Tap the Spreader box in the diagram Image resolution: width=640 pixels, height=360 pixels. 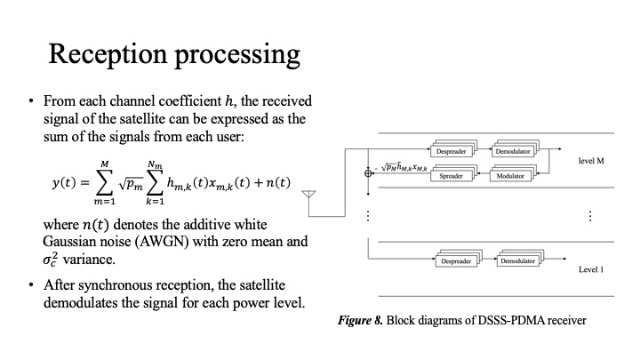[452, 176]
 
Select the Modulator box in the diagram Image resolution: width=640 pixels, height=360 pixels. [511, 176]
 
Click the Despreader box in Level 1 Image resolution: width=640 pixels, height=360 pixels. [458, 260]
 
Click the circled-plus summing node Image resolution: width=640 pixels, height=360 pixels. [369, 172]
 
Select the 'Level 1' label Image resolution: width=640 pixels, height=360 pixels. [591, 268]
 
